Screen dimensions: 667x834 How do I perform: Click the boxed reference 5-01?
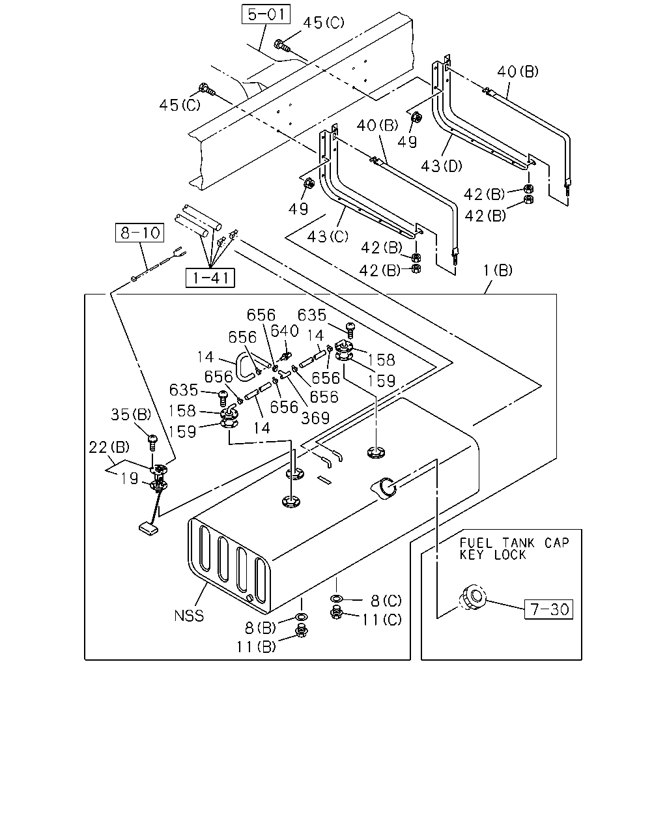266,14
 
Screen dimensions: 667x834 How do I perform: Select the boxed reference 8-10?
139,233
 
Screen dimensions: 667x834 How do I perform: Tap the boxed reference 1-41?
210,278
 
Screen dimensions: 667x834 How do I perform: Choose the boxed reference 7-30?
548,609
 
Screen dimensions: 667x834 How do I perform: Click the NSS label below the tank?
189,616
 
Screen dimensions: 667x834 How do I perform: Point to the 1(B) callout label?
498,270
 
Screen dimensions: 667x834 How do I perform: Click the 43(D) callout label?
442,166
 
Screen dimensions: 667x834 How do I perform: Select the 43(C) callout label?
328,237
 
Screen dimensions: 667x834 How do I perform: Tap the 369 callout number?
315,418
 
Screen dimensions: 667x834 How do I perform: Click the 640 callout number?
285,331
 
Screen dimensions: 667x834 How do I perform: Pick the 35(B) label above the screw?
131,414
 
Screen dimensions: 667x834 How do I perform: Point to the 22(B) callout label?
109,447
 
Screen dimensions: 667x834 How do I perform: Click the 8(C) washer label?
386,601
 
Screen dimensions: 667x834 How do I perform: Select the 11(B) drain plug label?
256,646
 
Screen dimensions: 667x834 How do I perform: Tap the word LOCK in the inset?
510,554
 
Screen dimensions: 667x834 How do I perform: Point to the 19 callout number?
129,479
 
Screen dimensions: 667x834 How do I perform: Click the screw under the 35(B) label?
152,443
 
